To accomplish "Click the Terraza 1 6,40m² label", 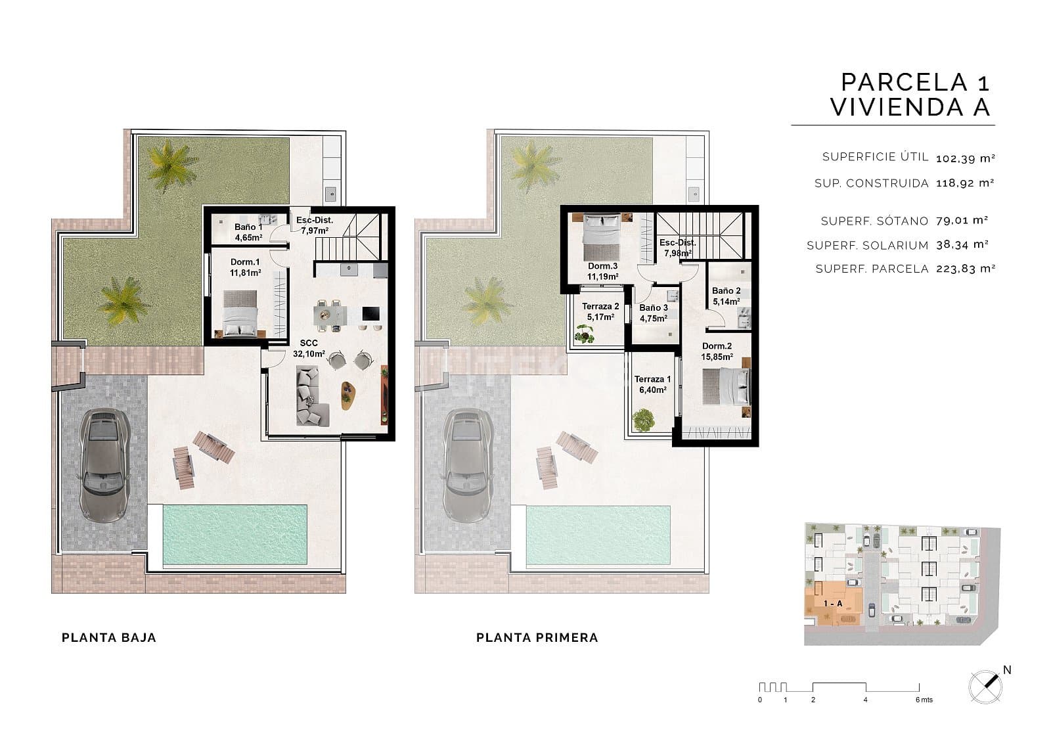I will pyautogui.click(x=652, y=384).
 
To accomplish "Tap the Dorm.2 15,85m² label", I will pyautogui.click(x=717, y=351).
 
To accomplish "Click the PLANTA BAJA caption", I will pyautogui.click(x=108, y=637).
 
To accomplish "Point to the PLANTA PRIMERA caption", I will pyautogui.click(x=537, y=637).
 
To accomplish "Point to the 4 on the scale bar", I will pyautogui.click(x=865, y=700).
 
